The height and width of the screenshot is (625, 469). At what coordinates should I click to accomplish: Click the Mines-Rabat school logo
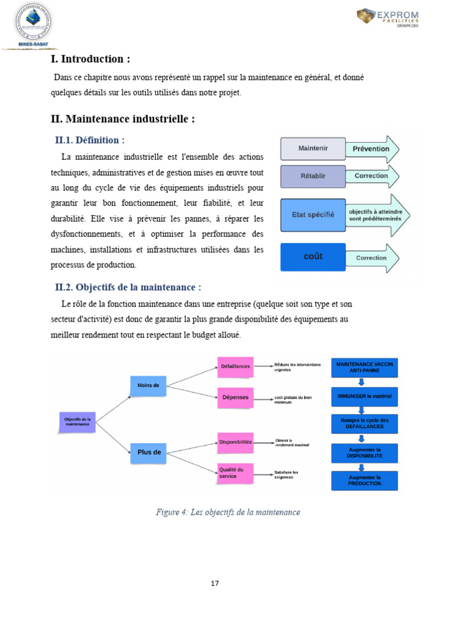pyautogui.click(x=32, y=26)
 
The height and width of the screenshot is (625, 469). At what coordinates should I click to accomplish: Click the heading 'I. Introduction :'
pyautogui.click(x=90, y=59)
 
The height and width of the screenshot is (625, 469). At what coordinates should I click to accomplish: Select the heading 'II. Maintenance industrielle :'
pyautogui.click(x=123, y=119)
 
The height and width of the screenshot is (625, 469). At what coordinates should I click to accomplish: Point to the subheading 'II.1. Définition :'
pyautogui.click(x=90, y=140)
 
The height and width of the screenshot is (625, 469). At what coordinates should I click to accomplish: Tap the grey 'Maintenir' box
pyautogui.click(x=313, y=148)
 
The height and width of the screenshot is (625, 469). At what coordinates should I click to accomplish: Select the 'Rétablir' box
pyautogui.click(x=313, y=176)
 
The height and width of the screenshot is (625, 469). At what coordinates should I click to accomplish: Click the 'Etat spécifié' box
pyautogui.click(x=313, y=215)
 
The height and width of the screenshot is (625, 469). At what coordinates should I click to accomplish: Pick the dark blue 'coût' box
pyautogui.click(x=313, y=257)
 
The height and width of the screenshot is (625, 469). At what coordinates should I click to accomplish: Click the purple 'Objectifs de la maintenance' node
pyautogui.click(x=78, y=421)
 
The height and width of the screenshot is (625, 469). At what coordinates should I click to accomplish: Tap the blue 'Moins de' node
pyautogui.click(x=148, y=385)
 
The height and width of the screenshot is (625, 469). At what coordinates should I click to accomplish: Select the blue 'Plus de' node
pyautogui.click(x=148, y=452)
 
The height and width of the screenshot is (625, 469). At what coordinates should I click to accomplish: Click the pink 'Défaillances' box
pyautogui.click(x=235, y=366)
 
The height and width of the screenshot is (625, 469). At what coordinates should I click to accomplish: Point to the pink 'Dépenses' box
pyautogui.click(x=235, y=397)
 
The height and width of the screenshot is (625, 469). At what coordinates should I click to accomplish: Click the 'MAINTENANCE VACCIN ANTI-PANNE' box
pyautogui.click(x=365, y=367)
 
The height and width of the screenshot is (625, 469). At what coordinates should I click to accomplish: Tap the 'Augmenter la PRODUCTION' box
pyautogui.click(x=365, y=480)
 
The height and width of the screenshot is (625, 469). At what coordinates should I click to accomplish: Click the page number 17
pyautogui.click(x=214, y=583)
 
